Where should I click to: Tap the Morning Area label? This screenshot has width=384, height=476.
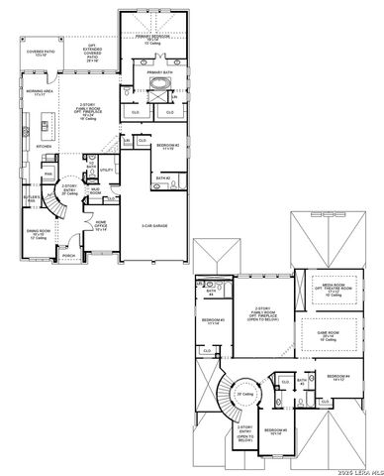click(41, 94)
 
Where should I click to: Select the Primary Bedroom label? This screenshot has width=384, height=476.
click(152, 40)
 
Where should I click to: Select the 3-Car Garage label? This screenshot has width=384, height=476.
click(153, 225)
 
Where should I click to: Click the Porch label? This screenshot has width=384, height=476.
click(68, 255)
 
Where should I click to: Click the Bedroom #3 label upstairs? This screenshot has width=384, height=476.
click(214, 321)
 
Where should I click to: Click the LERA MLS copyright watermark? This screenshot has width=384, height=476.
click(357, 468)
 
